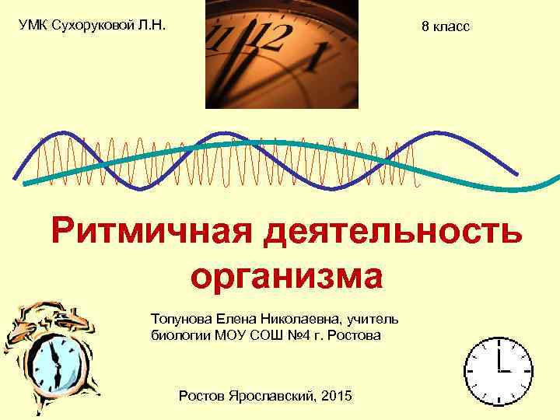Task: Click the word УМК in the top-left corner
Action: (33, 25)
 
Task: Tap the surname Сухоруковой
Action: (92, 25)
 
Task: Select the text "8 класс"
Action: (445, 26)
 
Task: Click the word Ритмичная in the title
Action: (150, 231)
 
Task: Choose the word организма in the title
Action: (286, 275)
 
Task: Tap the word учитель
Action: (375, 318)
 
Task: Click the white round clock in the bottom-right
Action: (499, 371)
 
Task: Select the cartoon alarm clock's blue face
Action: (57, 362)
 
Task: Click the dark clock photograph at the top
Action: (282, 54)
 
